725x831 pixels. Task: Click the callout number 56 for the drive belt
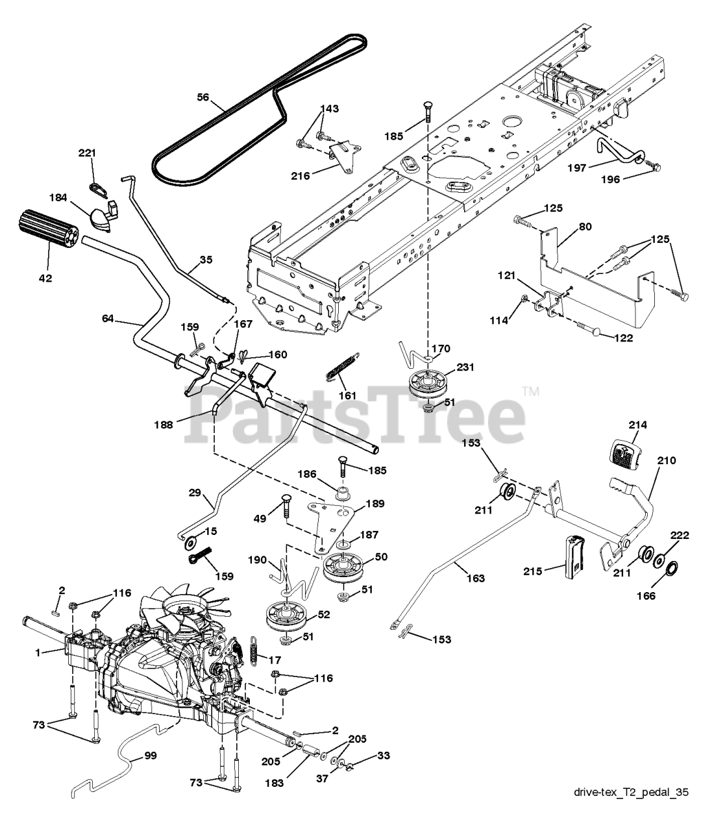pyautogui.click(x=203, y=97)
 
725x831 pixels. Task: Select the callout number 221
pyautogui.click(x=87, y=153)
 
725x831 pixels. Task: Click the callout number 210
pyautogui.click(x=665, y=460)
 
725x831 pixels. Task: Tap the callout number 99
pyautogui.click(x=150, y=756)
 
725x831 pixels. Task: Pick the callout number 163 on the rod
pyautogui.click(x=475, y=578)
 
